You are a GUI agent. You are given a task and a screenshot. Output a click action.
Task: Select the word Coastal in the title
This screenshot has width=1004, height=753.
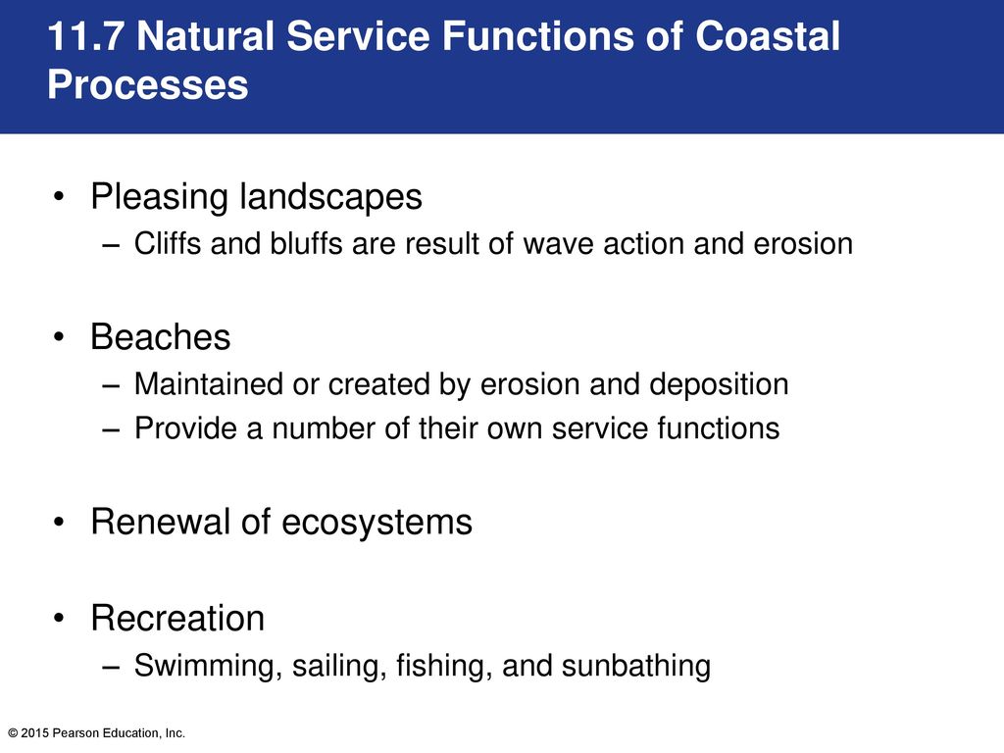[767, 36]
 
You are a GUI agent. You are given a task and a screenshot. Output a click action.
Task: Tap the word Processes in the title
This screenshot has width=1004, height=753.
[148, 84]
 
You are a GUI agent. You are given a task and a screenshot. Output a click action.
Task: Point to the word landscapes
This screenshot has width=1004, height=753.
[331, 196]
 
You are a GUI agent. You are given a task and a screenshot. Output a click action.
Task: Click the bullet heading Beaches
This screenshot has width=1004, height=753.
[160, 337]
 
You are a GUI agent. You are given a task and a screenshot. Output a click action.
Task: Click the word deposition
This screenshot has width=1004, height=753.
[719, 385]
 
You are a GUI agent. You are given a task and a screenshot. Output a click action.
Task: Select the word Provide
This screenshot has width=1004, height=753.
[185, 427]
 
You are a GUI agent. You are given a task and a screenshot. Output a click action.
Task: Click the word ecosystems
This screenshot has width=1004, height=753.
[376, 523]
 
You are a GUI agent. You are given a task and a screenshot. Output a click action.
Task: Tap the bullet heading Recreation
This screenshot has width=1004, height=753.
[177, 618]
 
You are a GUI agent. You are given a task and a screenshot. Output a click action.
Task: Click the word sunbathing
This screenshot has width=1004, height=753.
[635, 666]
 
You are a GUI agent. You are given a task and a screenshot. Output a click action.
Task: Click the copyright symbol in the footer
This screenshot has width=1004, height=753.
[13, 733]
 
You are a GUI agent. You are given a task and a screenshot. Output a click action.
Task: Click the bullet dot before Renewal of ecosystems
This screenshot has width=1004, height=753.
[60, 523]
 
